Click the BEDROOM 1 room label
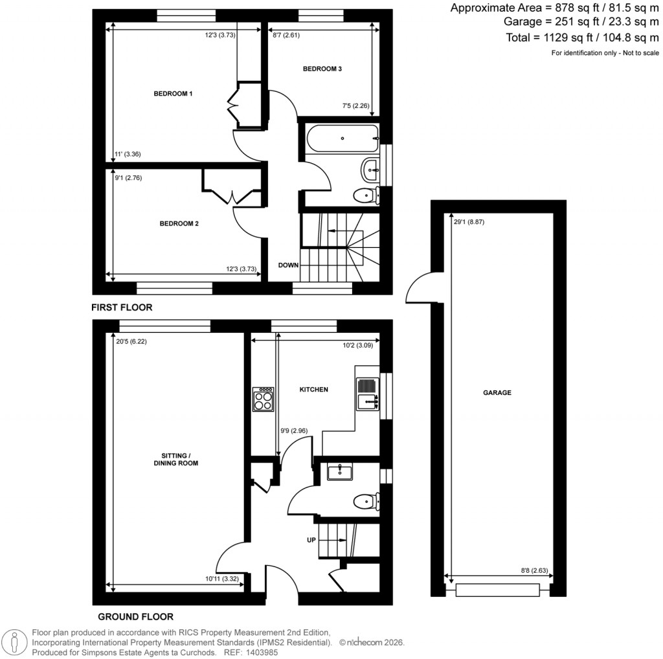point(173,94)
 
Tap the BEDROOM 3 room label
point(322,69)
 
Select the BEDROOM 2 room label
point(179,224)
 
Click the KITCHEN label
point(313,390)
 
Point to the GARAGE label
point(497,392)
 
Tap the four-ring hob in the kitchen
point(264,399)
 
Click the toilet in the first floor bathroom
point(366,194)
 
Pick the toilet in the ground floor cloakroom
point(366,500)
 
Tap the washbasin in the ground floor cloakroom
point(339,472)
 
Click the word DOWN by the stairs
point(289,265)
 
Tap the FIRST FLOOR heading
point(122,307)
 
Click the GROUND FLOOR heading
point(135,616)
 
